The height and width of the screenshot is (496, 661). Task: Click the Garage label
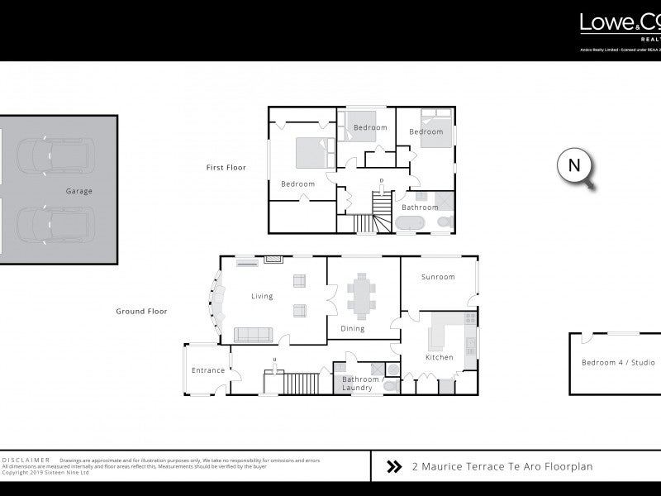pos(79,191)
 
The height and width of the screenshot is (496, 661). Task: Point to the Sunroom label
pos(438,277)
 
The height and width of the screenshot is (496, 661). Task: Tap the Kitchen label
pos(439,357)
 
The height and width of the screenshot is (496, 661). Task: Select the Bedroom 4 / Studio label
pos(618,363)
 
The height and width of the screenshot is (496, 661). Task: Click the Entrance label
pos(207,370)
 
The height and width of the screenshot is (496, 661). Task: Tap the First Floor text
pos(226,168)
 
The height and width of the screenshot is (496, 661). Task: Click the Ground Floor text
pos(141,312)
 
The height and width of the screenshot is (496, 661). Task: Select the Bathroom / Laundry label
pos(357,383)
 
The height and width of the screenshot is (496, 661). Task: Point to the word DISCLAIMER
pos(26,460)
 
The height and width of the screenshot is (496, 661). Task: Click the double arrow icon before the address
pos(394,467)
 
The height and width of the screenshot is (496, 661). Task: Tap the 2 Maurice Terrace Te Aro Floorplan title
pos(502,467)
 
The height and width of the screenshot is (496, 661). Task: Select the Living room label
pos(262,296)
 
